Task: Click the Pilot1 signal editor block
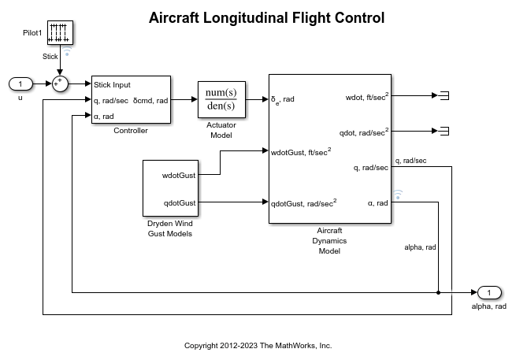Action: (x=60, y=33)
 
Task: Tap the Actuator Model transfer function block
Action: (x=221, y=100)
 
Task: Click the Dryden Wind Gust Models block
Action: (x=169, y=187)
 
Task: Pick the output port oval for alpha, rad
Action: (x=488, y=292)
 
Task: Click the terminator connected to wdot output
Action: (x=444, y=96)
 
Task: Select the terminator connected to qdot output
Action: (x=444, y=132)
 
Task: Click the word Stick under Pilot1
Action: (x=50, y=56)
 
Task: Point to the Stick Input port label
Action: (x=112, y=85)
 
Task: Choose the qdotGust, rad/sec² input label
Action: (x=303, y=202)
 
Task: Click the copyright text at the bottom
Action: (x=258, y=346)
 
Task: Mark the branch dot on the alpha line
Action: (x=438, y=292)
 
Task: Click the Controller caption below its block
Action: (x=131, y=130)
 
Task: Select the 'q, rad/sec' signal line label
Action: (x=410, y=161)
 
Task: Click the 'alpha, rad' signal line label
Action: (x=419, y=247)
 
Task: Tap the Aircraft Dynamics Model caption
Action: (x=329, y=241)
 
